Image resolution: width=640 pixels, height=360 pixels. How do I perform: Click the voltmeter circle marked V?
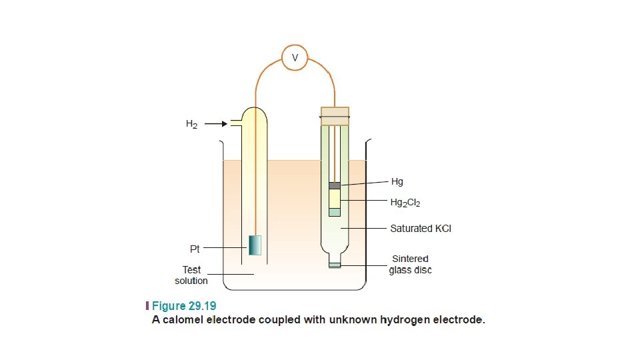(x=295, y=58)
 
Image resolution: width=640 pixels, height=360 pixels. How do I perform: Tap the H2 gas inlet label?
(x=192, y=124)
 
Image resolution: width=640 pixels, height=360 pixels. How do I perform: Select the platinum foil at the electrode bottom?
(x=255, y=245)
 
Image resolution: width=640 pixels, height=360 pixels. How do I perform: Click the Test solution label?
(x=191, y=275)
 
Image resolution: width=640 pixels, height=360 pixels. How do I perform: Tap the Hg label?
(x=397, y=181)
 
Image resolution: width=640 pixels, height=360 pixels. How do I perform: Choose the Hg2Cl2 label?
(x=405, y=201)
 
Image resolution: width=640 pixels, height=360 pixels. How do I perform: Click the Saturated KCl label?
(x=421, y=228)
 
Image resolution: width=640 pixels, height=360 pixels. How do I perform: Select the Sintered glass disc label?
(x=410, y=264)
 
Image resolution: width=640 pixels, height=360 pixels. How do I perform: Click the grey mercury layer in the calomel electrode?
(x=335, y=185)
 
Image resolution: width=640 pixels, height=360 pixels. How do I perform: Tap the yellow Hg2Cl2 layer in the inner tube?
(x=335, y=199)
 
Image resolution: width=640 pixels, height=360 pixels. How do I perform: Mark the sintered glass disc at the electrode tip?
(x=335, y=265)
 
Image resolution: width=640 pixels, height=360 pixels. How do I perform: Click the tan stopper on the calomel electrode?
(x=335, y=116)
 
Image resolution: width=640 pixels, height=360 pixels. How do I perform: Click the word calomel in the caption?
(x=187, y=320)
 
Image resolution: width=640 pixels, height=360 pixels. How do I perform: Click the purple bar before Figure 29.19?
(x=147, y=307)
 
